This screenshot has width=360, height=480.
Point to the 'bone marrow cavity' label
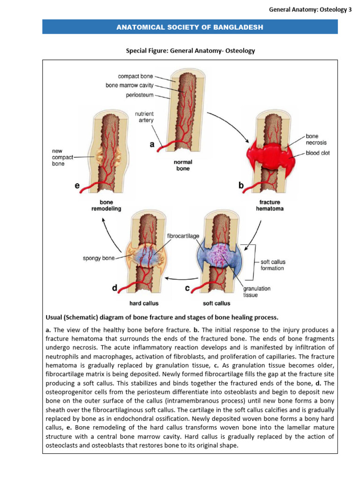129,86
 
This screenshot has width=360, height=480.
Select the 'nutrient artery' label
144,117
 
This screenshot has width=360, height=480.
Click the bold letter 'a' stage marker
152,145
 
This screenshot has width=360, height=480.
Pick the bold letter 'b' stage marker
241,186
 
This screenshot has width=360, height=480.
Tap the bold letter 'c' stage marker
187,289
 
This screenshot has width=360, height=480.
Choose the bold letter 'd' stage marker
114,289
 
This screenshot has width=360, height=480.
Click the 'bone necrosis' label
316,139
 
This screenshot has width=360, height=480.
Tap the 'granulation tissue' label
256,292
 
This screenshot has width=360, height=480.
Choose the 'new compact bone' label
60,157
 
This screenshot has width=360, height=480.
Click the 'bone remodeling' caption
106,206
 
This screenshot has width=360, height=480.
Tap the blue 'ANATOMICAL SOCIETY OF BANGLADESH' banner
190,27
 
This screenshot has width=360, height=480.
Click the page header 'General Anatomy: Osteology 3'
310,9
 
